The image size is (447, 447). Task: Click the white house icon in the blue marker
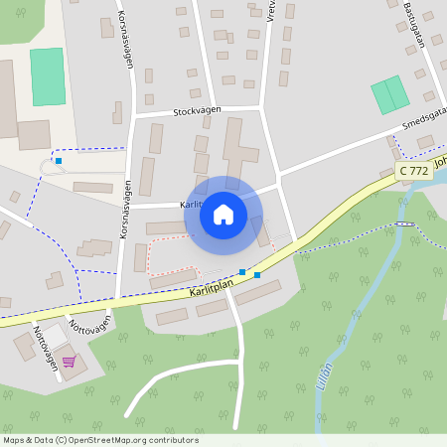pos(223,215)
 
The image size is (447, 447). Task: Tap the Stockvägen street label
pos(197,111)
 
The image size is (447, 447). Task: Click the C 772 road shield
pos(414,172)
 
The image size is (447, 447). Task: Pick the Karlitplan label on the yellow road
pos(211,289)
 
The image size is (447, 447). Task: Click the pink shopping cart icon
pos(69,362)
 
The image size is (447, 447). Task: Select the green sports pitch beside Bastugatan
pos(389,94)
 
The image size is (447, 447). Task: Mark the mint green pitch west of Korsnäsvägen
pos(47,76)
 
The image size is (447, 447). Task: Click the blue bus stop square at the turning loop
pos(59,161)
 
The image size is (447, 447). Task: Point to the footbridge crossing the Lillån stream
pos(403,225)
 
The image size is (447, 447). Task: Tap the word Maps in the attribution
pos(15,440)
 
